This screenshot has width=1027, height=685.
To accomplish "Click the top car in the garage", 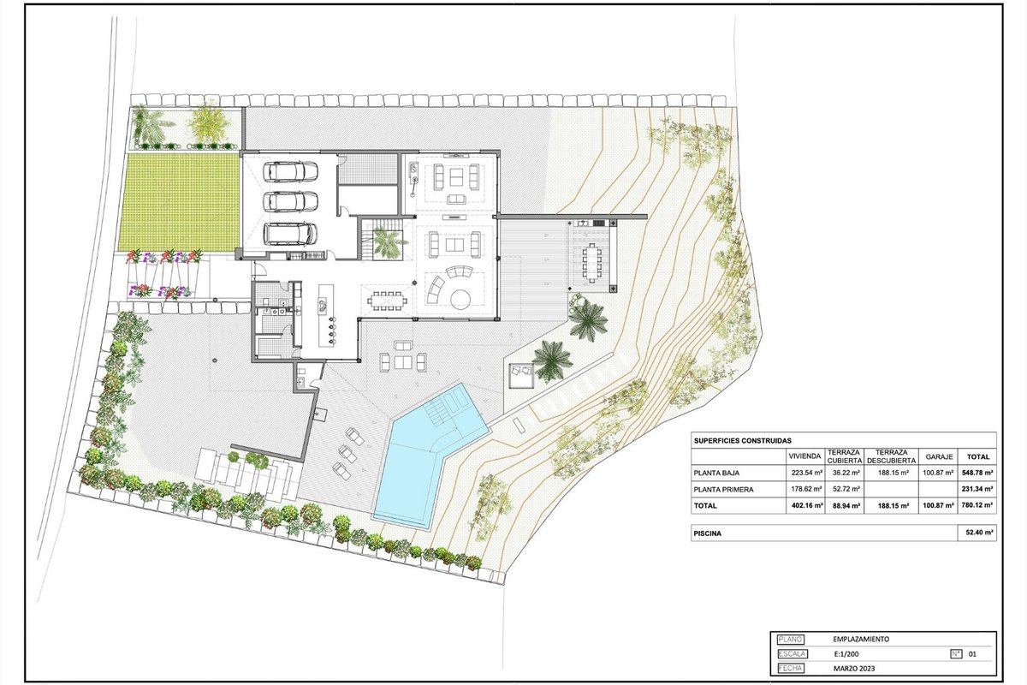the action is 290,171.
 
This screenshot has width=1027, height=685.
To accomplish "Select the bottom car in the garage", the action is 290,234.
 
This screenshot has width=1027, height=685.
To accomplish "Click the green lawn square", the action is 179,202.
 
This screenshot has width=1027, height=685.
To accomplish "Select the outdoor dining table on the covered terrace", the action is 592,263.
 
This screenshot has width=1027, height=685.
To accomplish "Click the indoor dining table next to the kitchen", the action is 387,301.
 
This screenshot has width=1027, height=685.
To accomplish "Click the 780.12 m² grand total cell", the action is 977,505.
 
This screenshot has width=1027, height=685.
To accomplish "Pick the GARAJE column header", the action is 939,456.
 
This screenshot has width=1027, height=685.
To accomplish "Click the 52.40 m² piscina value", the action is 977,533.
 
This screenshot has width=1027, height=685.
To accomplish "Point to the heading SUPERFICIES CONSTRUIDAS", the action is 743,440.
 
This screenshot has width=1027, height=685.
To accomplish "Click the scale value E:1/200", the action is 846,654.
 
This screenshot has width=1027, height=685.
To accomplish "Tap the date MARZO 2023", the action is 854,668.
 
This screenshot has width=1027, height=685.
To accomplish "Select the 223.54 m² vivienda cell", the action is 806,472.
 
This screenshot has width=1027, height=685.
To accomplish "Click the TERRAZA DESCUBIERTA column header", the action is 892,456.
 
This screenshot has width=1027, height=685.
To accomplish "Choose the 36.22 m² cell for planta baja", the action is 846,472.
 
